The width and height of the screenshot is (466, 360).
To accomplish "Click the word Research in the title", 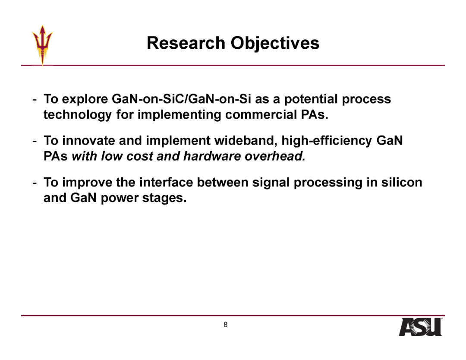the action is [186, 43].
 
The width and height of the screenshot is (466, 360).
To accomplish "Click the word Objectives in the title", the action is [275, 44].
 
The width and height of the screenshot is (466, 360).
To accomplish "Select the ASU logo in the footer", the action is [420, 327].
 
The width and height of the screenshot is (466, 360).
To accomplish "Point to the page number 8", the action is [226, 325].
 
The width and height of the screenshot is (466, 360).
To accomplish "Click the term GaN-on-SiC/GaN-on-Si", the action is [181, 99].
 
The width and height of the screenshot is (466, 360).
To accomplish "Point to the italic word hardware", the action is [212, 156].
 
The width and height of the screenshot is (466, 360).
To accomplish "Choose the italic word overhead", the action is [275, 156].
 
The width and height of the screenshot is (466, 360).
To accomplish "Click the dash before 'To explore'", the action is [35, 100].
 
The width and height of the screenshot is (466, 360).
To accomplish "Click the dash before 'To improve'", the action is [35, 183].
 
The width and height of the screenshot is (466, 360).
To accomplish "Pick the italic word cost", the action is [139, 156].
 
